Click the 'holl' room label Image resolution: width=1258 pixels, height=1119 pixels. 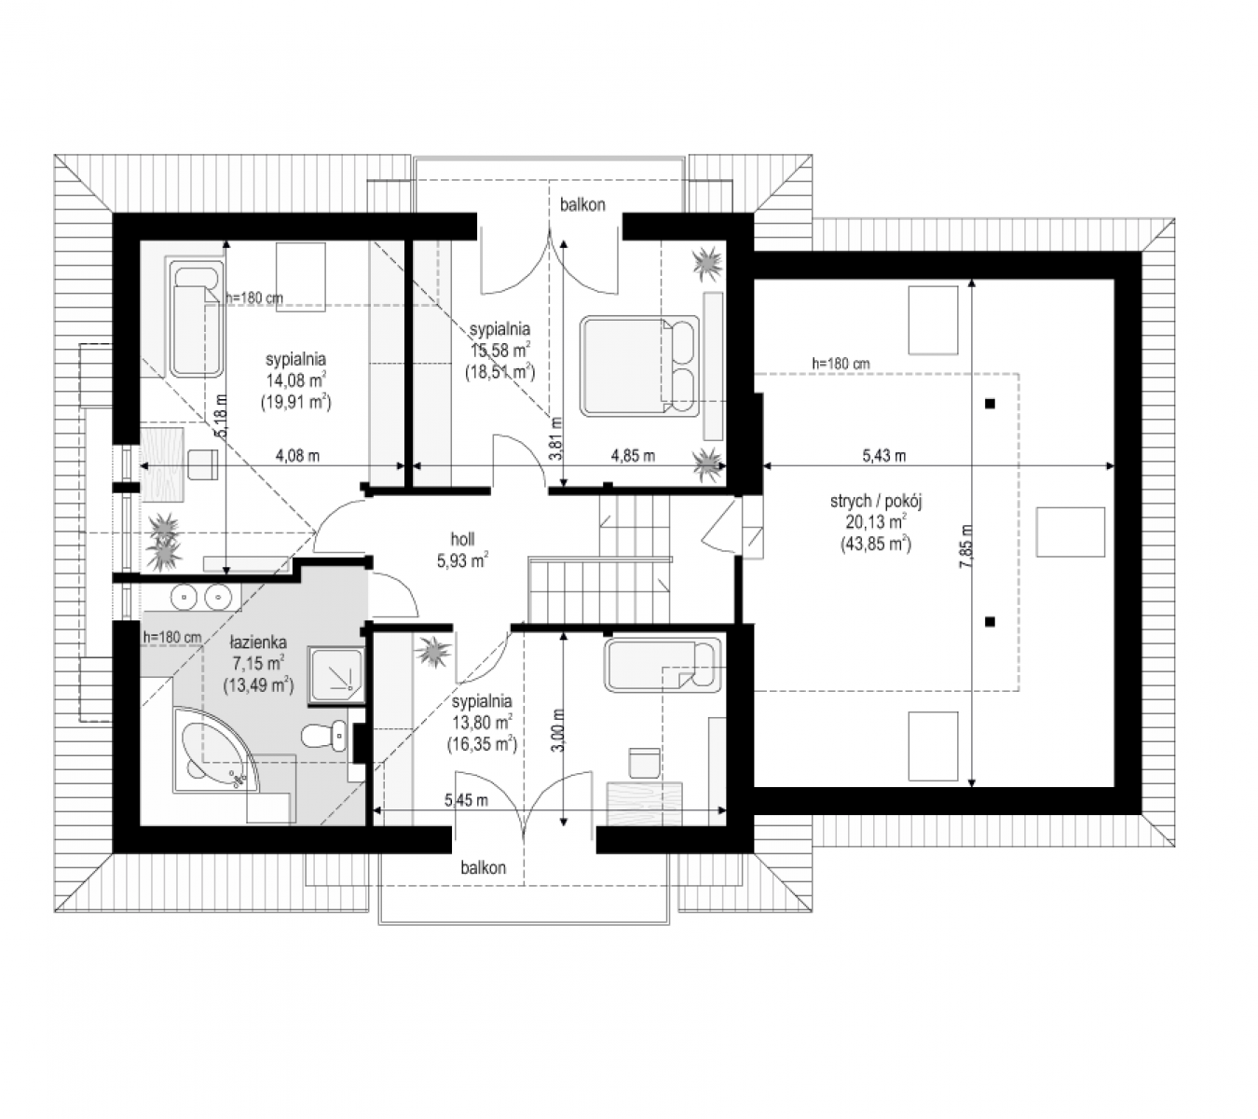point(462,539)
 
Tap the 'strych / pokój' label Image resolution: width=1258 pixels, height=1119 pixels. point(876,502)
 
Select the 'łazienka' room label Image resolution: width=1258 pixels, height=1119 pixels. point(258,642)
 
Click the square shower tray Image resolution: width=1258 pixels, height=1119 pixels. point(335,675)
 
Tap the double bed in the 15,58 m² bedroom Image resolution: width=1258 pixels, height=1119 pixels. point(639,365)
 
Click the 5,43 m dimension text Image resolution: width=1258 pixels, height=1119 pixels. point(883,456)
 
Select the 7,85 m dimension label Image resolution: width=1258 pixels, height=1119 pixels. point(966,546)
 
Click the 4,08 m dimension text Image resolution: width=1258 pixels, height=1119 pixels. point(297,456)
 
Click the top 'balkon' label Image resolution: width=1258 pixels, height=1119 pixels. point(582,205)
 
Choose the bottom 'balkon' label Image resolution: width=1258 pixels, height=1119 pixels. point(483,868)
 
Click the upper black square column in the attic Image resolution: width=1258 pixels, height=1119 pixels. point(990,404)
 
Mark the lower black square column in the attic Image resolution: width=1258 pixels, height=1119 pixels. point(990,621)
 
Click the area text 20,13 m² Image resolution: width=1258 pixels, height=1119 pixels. point(876,522)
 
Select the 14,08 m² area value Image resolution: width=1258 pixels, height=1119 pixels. point(297,380)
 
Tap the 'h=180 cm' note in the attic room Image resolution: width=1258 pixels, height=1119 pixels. point(841,364)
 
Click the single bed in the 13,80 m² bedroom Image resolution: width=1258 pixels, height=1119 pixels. point(663,665)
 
